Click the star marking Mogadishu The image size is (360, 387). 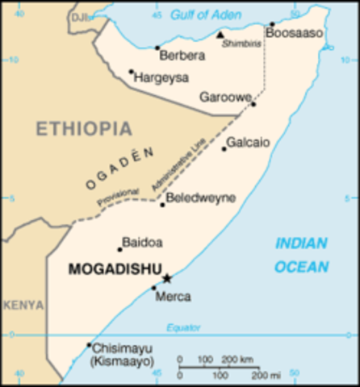coord(166,278)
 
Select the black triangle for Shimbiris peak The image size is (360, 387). coord(220,35)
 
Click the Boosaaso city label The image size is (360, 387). coord(294,33)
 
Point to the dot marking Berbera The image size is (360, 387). coord(157,47)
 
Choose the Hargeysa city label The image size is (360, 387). coord(161,77)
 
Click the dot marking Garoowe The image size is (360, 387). coord(253,103)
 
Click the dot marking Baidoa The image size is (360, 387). coord(119,249)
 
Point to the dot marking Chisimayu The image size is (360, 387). coord(89,346)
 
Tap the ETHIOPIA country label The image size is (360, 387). coord(83,128)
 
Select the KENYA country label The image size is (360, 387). coord(23,305)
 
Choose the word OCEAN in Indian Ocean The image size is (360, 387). coord(300,267)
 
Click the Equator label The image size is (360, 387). coord(182,327)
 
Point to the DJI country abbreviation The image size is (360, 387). coord(78,17)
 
